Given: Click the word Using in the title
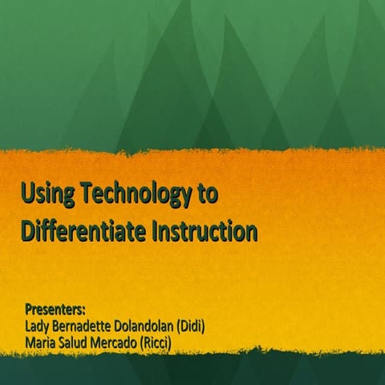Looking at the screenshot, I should click(x=47, y=195).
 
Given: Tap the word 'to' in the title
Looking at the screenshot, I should click(x=207, y=195).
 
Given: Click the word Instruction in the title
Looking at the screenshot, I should click(x=205, y=232).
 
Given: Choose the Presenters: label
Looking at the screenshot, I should click(x=55, y=309).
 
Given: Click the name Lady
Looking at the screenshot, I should click(x=38, y=326).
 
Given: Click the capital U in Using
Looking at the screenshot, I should click(x=27, y=195).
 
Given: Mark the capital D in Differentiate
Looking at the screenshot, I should click(x=28, y=232).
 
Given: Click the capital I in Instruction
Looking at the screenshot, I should click(x=154, y=232).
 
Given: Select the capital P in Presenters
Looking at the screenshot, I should click(x=29, y=309).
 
